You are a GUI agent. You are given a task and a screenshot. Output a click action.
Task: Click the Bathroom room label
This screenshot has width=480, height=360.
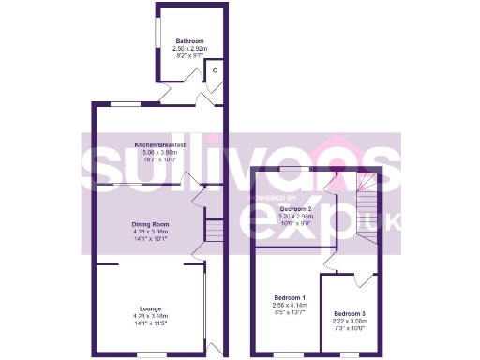[x=190, y=40]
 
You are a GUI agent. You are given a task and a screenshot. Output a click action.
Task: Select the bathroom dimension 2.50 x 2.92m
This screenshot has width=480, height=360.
[x=190, y=48]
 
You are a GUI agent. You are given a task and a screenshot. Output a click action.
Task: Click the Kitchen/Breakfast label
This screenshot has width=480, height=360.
[x=159, y=145]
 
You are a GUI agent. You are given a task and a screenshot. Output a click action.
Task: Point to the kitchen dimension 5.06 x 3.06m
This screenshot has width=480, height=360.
[x=159, y=153]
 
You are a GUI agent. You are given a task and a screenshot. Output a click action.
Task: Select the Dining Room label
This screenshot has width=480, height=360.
[x=149, y=224]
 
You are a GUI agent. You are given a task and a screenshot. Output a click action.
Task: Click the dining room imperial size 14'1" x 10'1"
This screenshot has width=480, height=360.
[x=149, y=239]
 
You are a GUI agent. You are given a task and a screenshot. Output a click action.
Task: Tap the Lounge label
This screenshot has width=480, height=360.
[x=149, y=308]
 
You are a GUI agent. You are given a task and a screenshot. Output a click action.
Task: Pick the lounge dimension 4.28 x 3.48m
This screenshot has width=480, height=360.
[x=149, y=316]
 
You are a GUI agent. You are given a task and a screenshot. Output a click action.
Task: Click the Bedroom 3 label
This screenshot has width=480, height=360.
[x=350, y=313]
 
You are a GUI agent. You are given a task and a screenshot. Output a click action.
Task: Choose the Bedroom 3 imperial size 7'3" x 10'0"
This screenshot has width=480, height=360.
[x=350, y=328]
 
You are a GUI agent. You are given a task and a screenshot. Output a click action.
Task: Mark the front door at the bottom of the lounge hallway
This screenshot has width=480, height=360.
[x=215, y=351]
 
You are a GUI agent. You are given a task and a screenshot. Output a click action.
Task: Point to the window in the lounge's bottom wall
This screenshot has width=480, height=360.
[x=149, y=354]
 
